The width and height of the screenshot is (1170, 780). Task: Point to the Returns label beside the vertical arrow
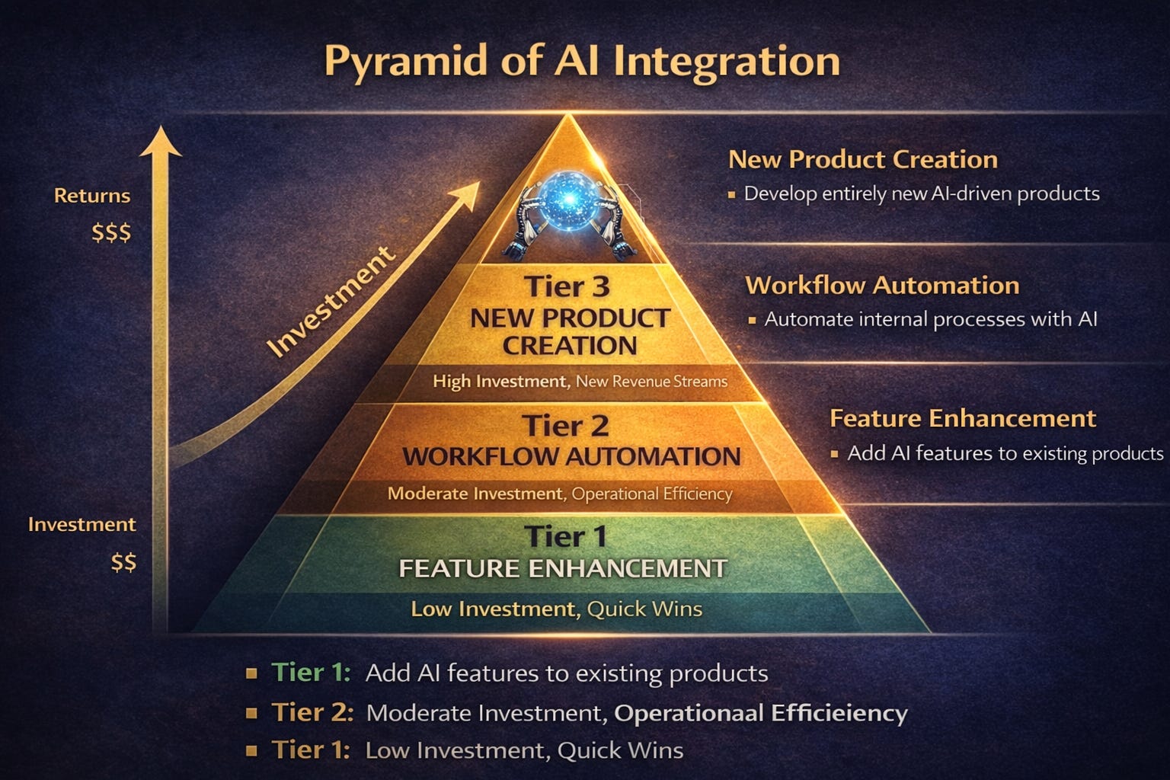[x=92, y=196]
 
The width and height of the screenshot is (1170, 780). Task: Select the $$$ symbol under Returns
[x=111, y=232]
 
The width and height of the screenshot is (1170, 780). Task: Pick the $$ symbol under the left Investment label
[x=123, y=563]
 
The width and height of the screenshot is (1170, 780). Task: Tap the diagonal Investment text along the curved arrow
[x=331, y=300]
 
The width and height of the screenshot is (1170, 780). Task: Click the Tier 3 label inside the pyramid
[x=567, y=287]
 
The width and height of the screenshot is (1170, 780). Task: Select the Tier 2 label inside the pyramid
[x=565, y=426]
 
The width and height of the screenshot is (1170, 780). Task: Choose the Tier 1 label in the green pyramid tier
[x=565, y=537]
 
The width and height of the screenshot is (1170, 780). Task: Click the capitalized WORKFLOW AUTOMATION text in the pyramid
[x=571, y=456]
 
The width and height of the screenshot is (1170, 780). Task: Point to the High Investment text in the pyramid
[x=500, y=381]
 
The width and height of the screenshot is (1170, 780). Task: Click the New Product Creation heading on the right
[x=863, y=159]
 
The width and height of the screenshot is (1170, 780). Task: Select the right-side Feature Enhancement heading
[x=962, y=418]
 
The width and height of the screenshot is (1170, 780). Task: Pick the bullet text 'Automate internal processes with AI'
[x=930, y=319]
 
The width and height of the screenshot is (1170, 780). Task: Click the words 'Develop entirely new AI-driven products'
[x=922, y=193]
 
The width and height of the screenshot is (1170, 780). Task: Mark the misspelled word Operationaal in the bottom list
[x=689, y=713]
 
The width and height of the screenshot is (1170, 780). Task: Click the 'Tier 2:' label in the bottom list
[x=312, y=712]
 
